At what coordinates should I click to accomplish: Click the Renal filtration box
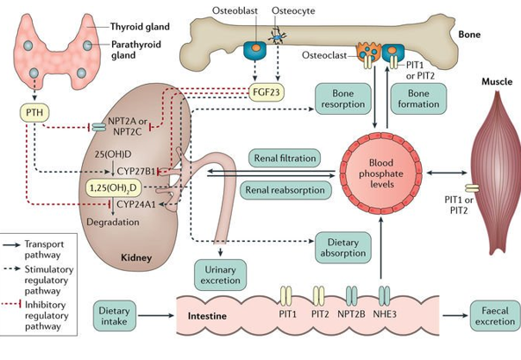(x=285, y=158)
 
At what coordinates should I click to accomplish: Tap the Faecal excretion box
(x=493, y=315)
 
